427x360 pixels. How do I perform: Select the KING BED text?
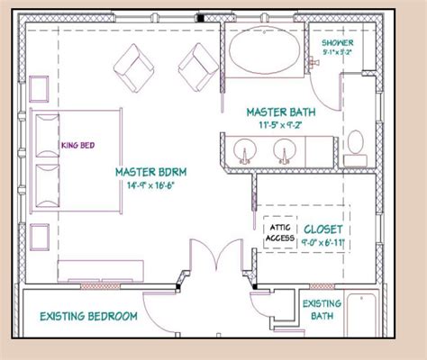click(x=78, y=144)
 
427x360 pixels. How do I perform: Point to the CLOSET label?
click(x=322, y=228)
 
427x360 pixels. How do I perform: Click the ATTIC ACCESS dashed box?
click(x=280, y=232)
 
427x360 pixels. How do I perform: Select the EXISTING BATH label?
click(x=322, y=310)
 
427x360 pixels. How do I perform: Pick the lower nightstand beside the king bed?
click(x=39, y=236)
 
